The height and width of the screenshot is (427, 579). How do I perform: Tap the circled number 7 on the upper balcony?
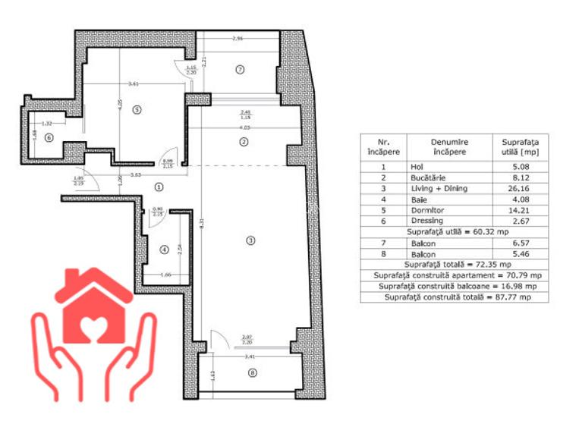[x=239, y=70]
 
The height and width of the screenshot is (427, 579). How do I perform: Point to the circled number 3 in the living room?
[x=251, y=240]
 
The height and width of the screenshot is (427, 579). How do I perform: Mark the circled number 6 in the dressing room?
[x=49, y=137]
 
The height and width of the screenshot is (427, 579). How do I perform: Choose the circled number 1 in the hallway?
[x=159, y=186]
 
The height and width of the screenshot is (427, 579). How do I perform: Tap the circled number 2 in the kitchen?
[x=244, y=142]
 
